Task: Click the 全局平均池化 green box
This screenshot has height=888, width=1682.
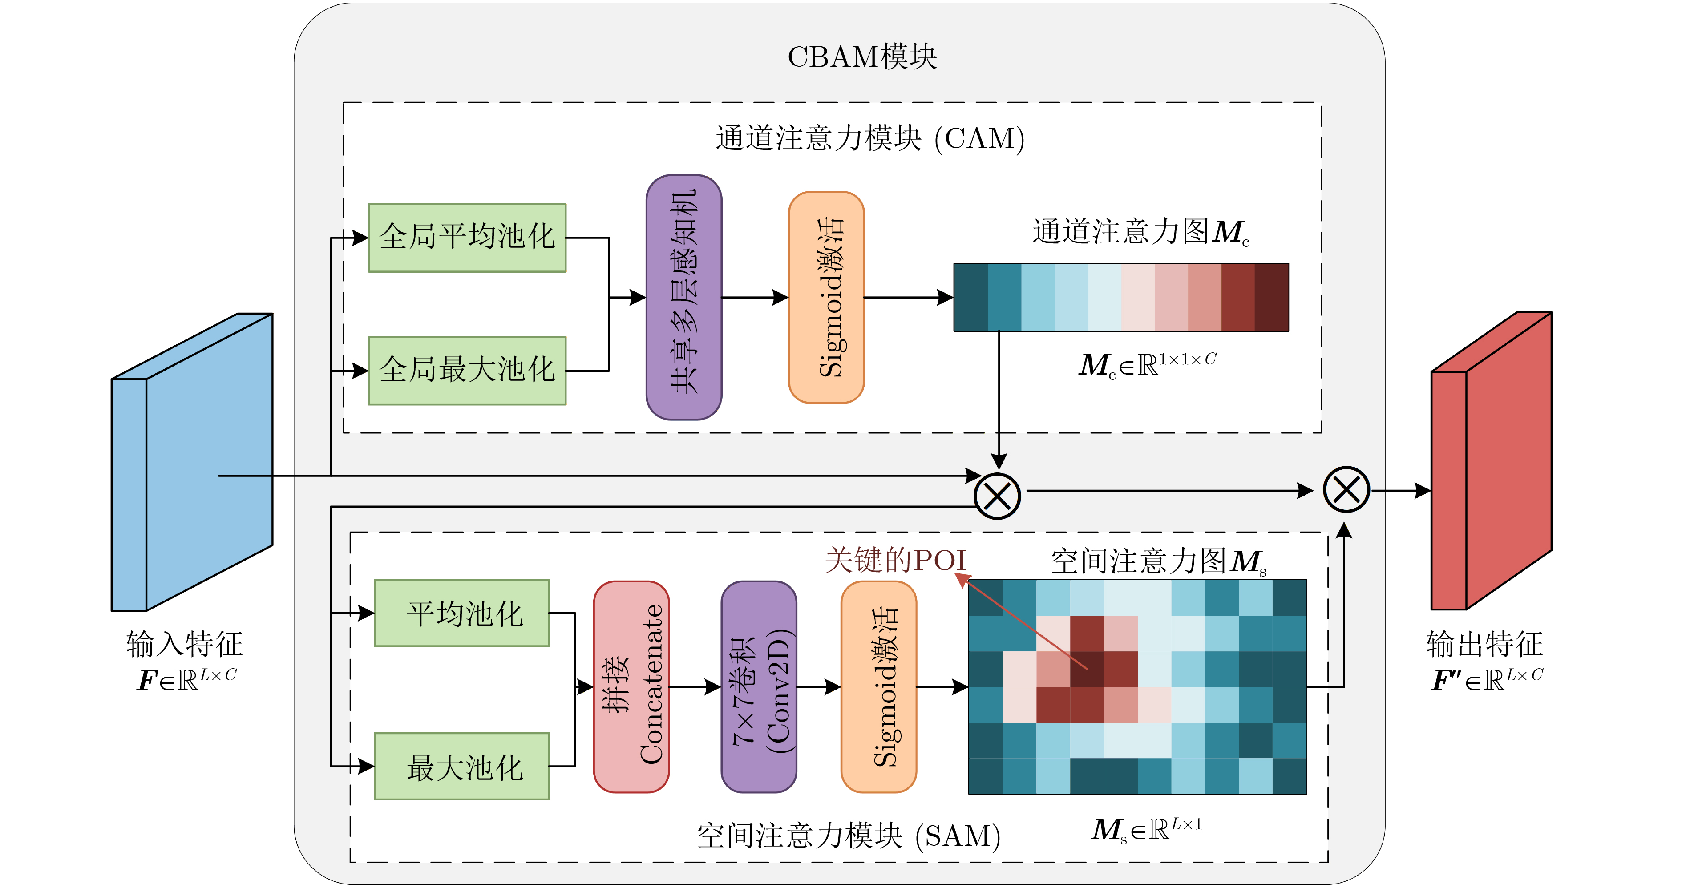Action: (467, 238)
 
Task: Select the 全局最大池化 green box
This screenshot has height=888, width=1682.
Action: (467, 370)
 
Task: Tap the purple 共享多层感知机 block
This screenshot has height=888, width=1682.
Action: (683, 297)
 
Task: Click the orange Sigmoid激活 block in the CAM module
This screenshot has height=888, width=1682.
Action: (826, 297)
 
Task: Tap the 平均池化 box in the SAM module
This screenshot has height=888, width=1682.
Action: (461, 613)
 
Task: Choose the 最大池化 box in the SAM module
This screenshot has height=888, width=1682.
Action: (461, 766)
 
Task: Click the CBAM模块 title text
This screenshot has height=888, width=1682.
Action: (862, 57)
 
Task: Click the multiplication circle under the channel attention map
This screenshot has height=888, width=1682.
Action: (997, 496)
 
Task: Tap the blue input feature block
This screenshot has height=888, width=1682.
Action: (192, 462)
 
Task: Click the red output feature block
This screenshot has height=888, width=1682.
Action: (1492, 460)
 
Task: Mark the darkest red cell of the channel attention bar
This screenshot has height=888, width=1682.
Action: (1272, 297)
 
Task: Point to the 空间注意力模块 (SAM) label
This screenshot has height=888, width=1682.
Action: (849, 836)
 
